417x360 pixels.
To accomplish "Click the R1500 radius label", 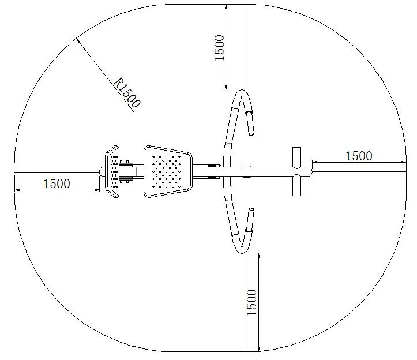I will (x=127, y=93).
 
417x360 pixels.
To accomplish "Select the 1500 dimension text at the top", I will (x=220, y=47).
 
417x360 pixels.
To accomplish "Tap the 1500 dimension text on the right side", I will (x=359, y=156).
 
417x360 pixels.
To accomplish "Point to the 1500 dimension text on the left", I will (x=57, y=183).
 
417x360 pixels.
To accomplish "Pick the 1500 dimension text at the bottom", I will (x=252, y=302).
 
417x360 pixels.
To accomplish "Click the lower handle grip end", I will (x=250, y=220).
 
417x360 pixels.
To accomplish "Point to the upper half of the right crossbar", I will (x=296, y=156).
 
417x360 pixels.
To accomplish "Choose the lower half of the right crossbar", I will (x=296, y=186).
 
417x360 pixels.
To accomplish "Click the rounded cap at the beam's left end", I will (x=102, y=171).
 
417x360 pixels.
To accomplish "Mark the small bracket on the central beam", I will (x=247, y=167).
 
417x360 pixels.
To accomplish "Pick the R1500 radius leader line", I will (x=104, y=73).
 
